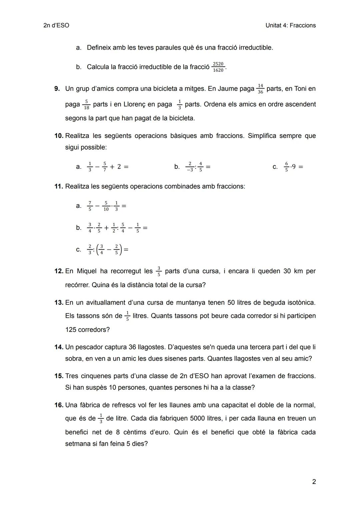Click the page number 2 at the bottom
click(314, 482)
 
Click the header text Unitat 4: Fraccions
click(290, 25)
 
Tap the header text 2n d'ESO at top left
click(56, 25)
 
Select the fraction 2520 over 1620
click(218, 67)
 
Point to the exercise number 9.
click(57, 89)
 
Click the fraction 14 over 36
click(260, 89)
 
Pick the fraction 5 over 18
click(86, 105)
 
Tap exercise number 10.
click(59, 136)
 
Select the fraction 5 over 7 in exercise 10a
click(104, 167)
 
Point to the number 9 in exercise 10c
click(294, 167)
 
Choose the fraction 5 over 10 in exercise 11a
click(106, 206)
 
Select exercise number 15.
click(59, 376)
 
